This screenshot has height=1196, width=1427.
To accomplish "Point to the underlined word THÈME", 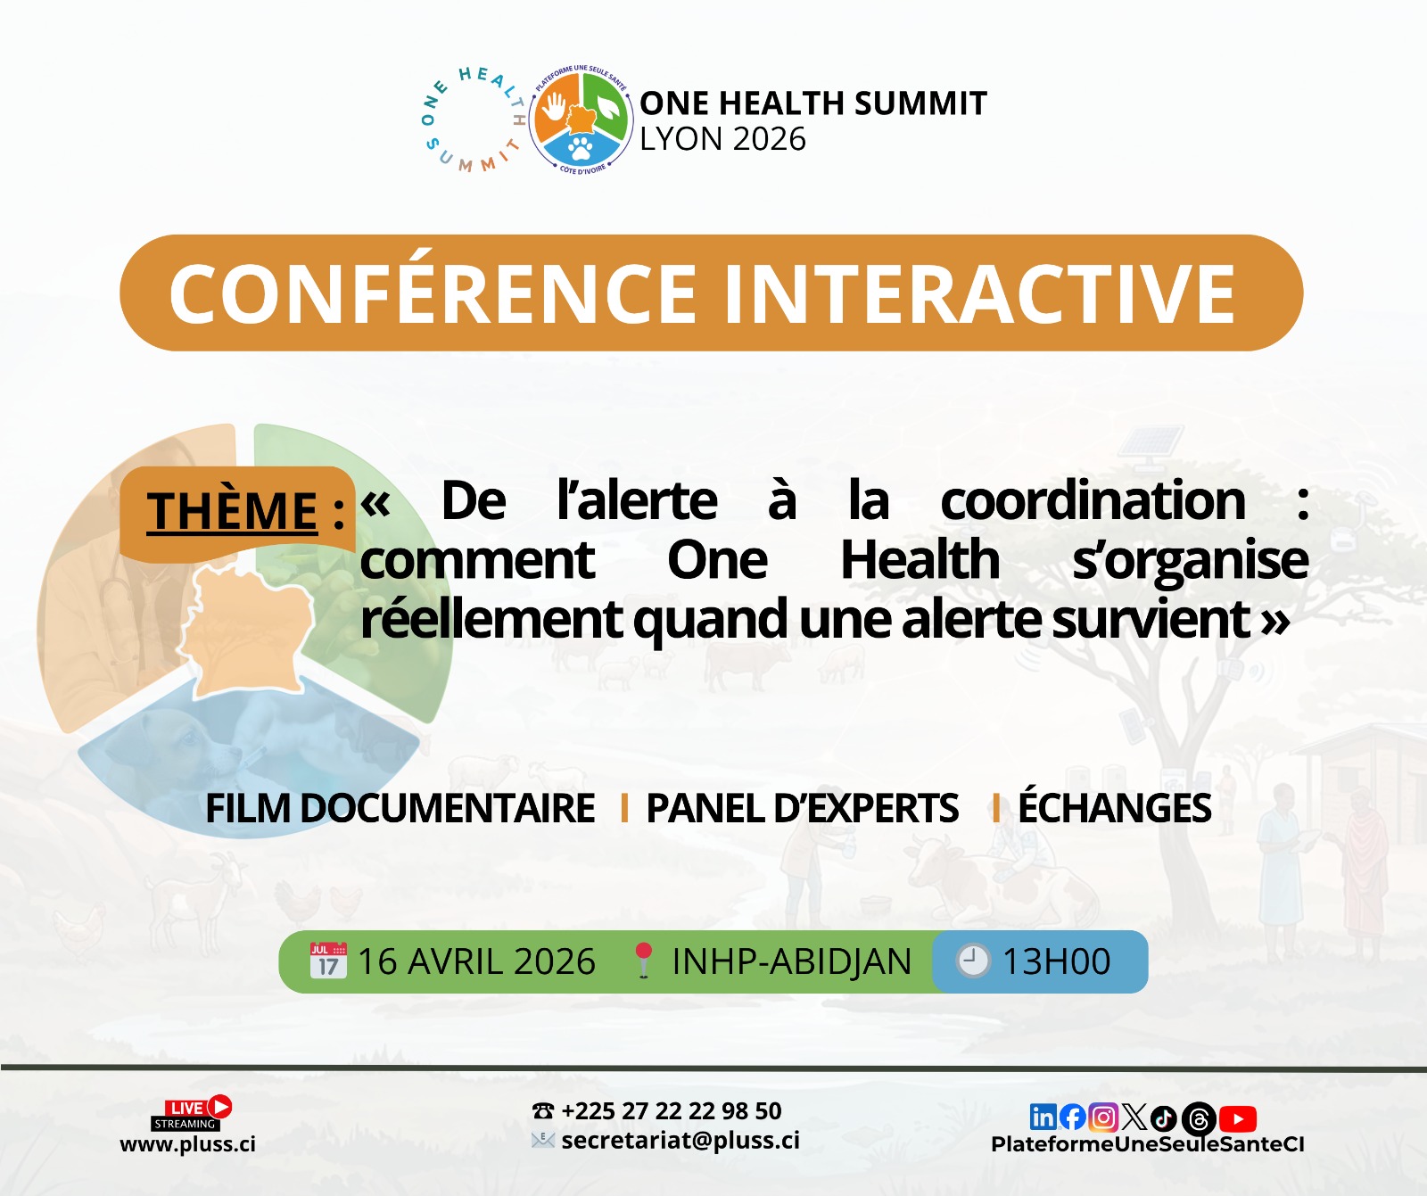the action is pos(232,511).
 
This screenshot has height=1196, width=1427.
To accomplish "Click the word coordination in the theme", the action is pos(1093,500).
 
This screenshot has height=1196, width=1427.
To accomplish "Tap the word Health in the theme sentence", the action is pos(920,560).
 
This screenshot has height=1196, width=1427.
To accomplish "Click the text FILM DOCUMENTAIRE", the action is pos(400,808).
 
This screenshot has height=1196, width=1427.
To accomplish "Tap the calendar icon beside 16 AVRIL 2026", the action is pos(328,961).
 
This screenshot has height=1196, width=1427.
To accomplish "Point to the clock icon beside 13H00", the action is pos(973,961).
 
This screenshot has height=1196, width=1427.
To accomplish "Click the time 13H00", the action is pos(1056,961).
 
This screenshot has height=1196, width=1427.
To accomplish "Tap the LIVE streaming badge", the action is pos(191,1113).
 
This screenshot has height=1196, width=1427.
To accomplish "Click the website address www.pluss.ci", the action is pos(188,1144).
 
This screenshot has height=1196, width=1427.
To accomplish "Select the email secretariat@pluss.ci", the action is pos(681,1141).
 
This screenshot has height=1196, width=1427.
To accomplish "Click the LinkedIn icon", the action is pos(1043,1117).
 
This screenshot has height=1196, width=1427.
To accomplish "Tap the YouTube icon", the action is pos(1238,1118).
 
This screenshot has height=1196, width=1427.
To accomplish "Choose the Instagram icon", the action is pos(1103,1118).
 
